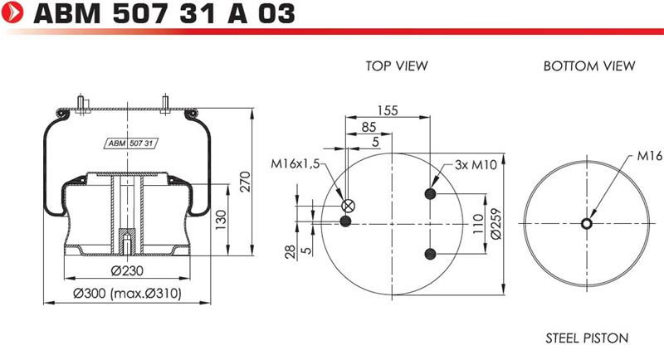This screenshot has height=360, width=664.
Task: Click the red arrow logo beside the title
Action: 12,12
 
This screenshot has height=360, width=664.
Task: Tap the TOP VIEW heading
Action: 397,66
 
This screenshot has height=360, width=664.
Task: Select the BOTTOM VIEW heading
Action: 589,66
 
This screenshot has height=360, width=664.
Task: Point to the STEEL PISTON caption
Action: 587,338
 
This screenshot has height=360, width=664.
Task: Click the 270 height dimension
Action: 245,182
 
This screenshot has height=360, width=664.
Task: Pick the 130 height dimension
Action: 221,220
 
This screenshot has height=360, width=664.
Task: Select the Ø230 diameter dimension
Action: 127,270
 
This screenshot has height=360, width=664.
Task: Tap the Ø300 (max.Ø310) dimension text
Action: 127,293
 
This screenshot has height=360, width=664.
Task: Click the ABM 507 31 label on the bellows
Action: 130,144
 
